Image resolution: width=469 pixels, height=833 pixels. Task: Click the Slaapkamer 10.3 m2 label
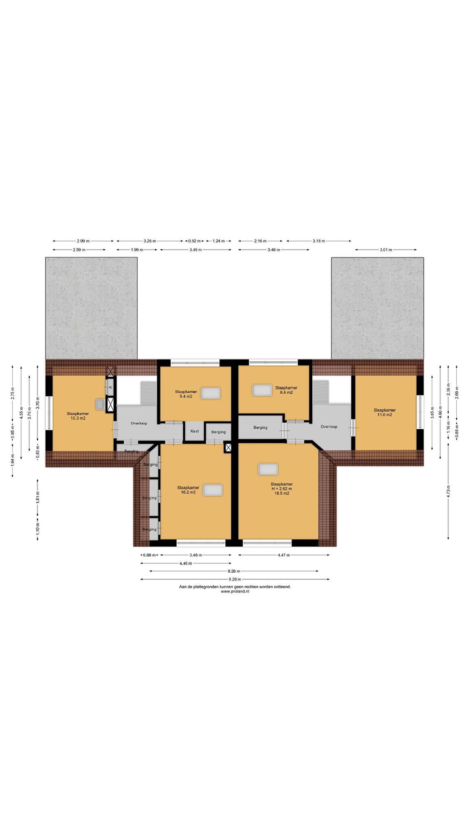coord(78,416)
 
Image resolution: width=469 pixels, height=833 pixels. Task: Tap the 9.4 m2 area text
coord(186,396)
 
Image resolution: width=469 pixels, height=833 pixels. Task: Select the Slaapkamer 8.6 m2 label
coord(286,390)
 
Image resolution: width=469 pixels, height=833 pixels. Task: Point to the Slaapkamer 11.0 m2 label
coord(385,412)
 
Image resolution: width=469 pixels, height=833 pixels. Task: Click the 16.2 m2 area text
coord(188,492)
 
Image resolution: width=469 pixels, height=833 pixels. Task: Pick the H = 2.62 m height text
coord(282,488)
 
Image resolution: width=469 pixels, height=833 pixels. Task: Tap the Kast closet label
coord(195,431)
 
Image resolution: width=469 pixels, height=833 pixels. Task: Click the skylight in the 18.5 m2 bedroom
coord(268,469)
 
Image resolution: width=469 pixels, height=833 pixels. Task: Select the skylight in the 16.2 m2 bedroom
coord(213,490)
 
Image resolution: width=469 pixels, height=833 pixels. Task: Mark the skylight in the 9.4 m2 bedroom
coord(210,393)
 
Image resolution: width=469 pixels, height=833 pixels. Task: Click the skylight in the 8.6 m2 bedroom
coord(262,390)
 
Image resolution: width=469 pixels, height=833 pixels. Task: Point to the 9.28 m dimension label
coord(234,579)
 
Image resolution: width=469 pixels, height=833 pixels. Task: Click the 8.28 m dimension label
coord(234,571)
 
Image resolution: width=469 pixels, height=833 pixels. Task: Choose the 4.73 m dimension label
coord(448,491)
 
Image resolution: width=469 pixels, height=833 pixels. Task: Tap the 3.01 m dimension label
coord(386,250)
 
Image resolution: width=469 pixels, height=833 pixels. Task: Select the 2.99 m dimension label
coord(83,241)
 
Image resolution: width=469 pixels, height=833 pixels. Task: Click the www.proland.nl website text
coord(235,591)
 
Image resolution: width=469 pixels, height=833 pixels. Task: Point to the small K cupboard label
coord(110,387)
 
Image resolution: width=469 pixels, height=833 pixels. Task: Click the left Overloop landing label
coord(139,423)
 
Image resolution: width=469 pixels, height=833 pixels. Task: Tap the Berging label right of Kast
coord(218,432)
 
